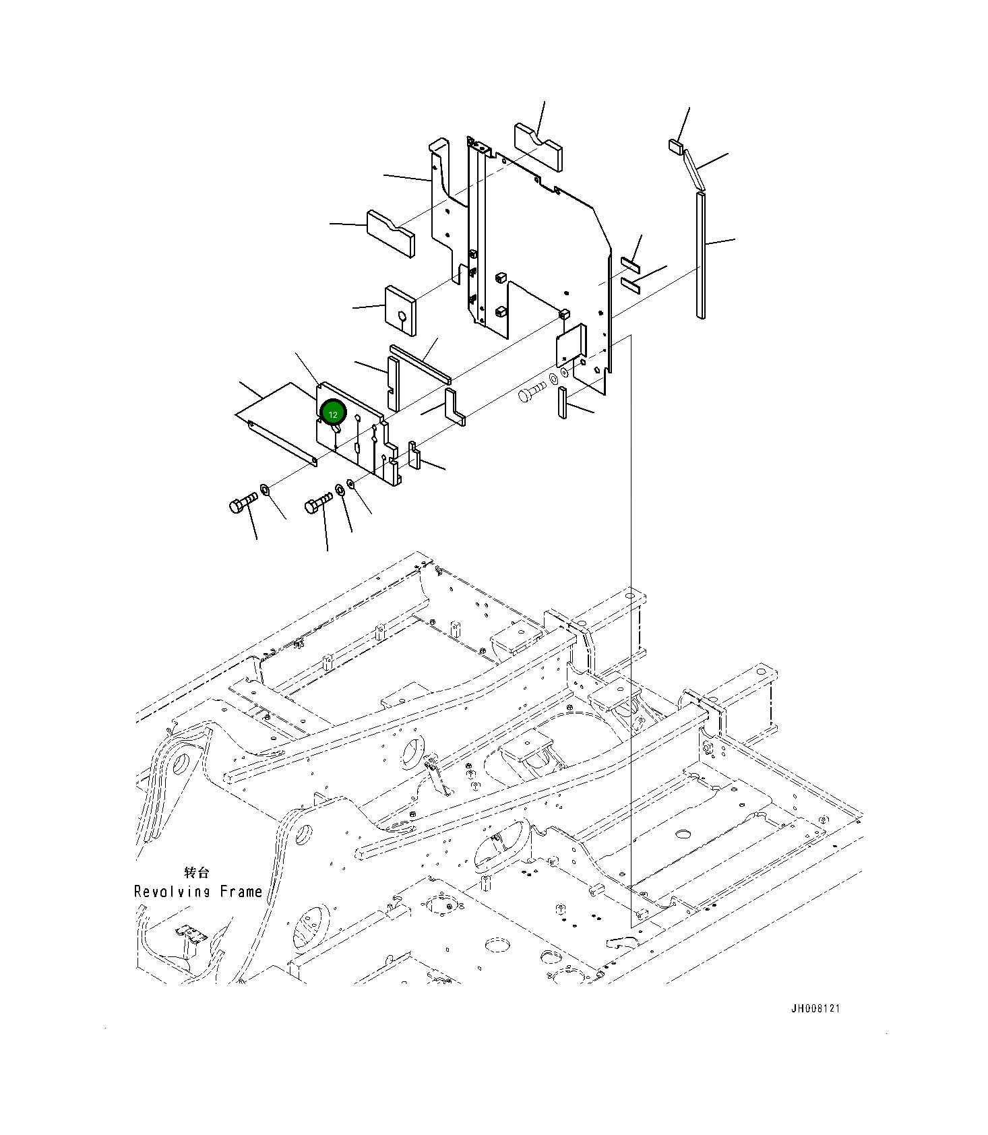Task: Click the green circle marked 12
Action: [x=333, y=413]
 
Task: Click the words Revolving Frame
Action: [x=198, y=892]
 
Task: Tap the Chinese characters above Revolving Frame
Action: [x=196, y=872]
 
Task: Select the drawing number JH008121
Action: [x=815, y=1009]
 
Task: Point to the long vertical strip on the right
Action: [x=701, y=255]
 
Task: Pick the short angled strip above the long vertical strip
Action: [x=694, y=170]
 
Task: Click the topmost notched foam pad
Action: [x=539, y=145]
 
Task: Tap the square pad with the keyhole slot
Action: [x=400, y=311]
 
